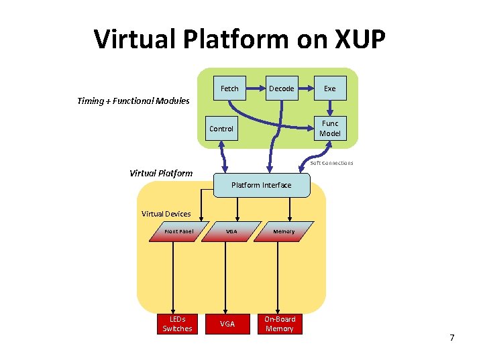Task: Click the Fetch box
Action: pos(229,88)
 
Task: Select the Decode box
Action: pos(281,88)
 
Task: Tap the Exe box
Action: pos(329,88)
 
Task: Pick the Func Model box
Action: pos(329,128)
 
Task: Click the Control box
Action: pos(221,129)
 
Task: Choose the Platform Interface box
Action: pos(262,185)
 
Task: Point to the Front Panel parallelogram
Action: pos(179,231)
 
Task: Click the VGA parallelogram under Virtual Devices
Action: pos(231,231)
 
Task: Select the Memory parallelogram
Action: pos(283,231)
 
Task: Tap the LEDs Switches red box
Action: pos(177,324)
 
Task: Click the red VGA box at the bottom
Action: pos(228,324)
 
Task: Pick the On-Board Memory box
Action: pos(279,324)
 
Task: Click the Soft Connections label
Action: pos(331,163)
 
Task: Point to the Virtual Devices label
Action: pos(166,214)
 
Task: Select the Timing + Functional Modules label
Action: pos(133,101)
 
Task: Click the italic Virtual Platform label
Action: pos(161,173)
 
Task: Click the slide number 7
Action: pos(451,337)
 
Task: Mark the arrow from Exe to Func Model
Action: pos(329,106)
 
